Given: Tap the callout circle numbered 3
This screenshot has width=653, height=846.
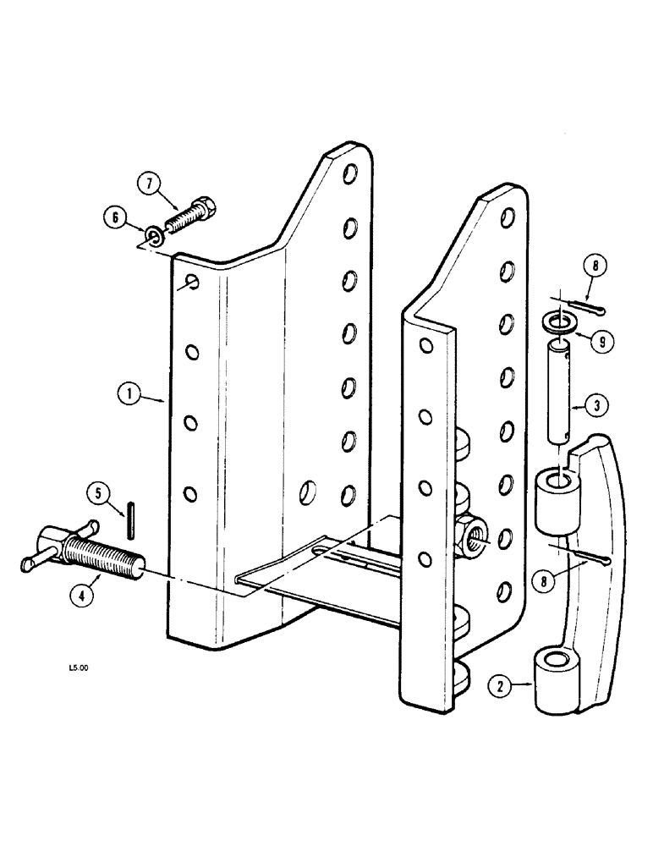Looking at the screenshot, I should click(595, 406).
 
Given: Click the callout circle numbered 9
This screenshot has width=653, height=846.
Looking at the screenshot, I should click(602, 343).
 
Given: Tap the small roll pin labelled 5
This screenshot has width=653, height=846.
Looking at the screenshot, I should click(131, 519).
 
